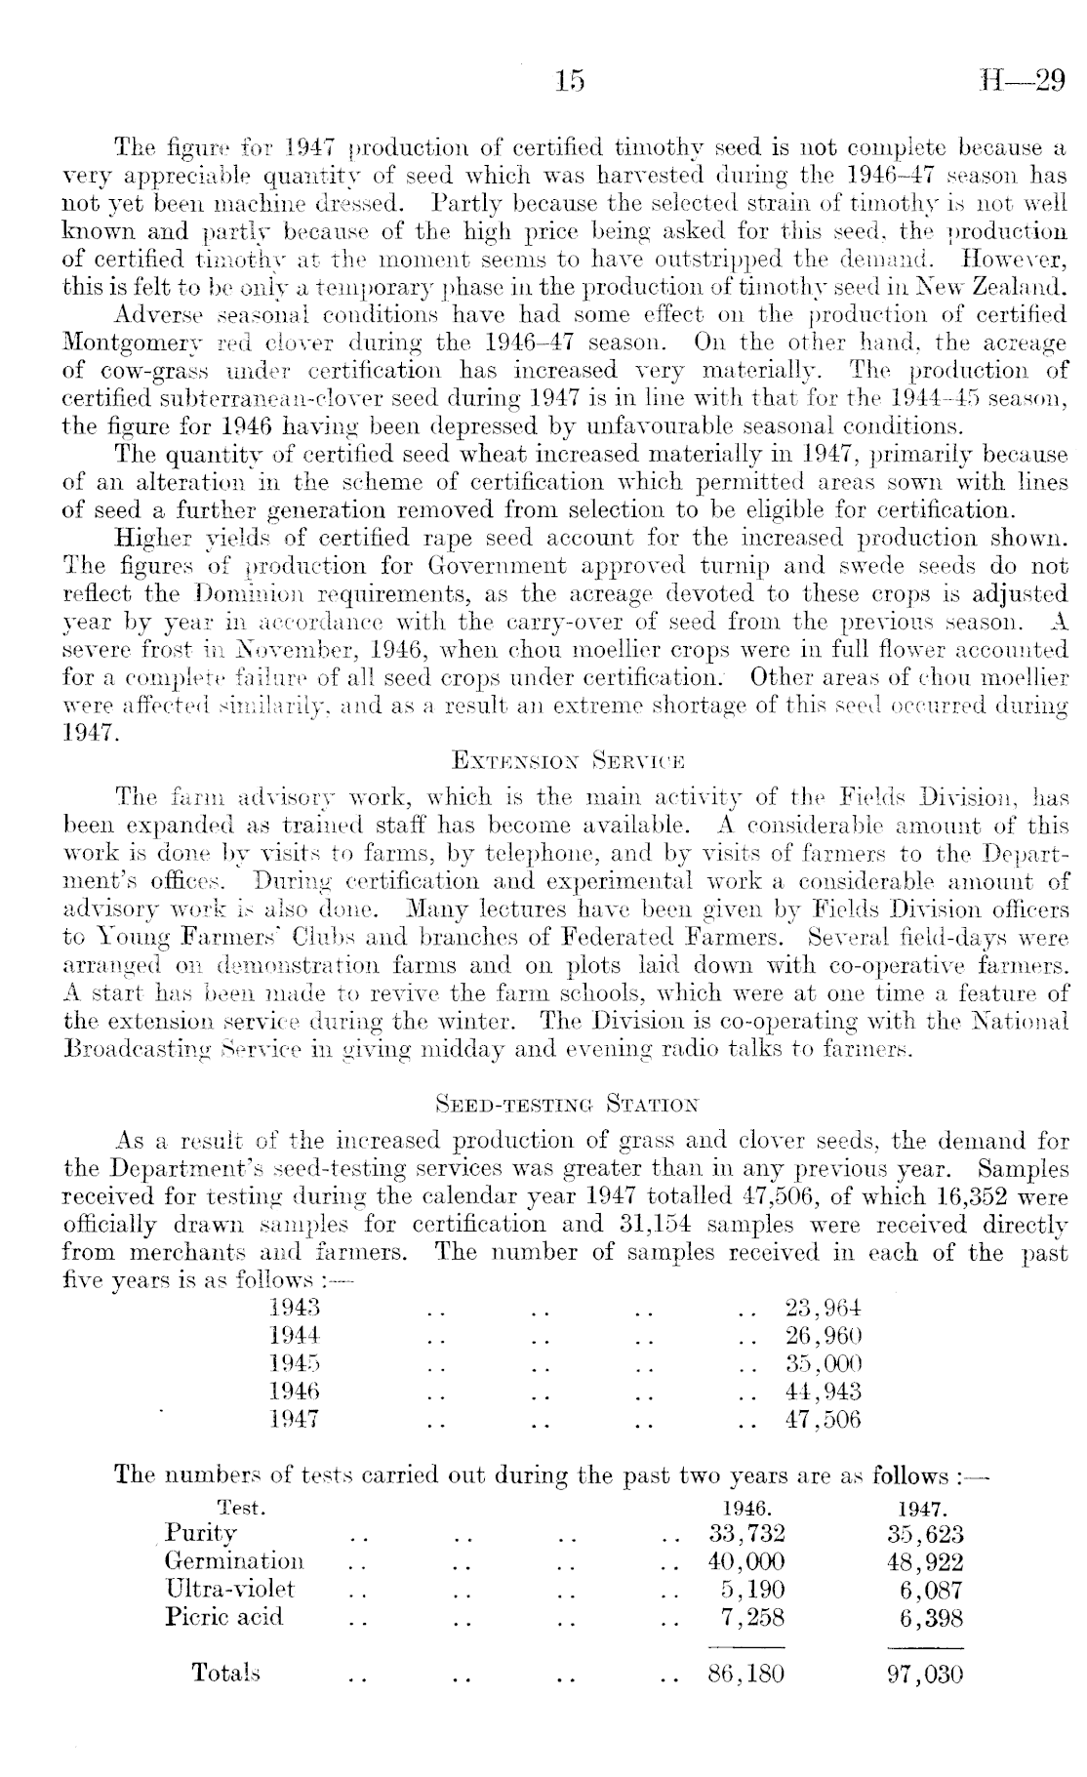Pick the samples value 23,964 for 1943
click(x=823, y=1308)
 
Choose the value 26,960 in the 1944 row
click(x=823, y=1335)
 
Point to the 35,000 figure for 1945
click(x=823, y=1363)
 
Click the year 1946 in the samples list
click(x=295, y=1391)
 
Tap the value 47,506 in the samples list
click(x=823, y=1419)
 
